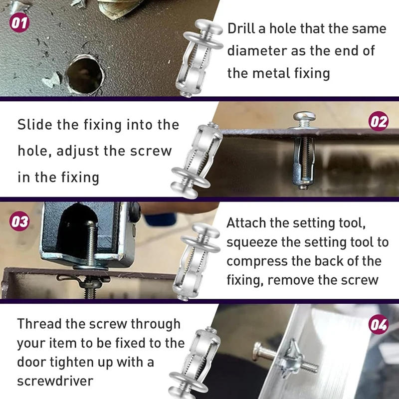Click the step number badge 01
pyautogui.click(x=19, y=23)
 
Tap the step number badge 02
pyautogui.click(x=379, y=122)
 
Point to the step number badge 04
pyautogui.click(x=379, y=325)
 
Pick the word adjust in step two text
pyautogui.click(x=79, y=151)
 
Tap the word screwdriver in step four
pyautogui.click(x=55, y=381)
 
